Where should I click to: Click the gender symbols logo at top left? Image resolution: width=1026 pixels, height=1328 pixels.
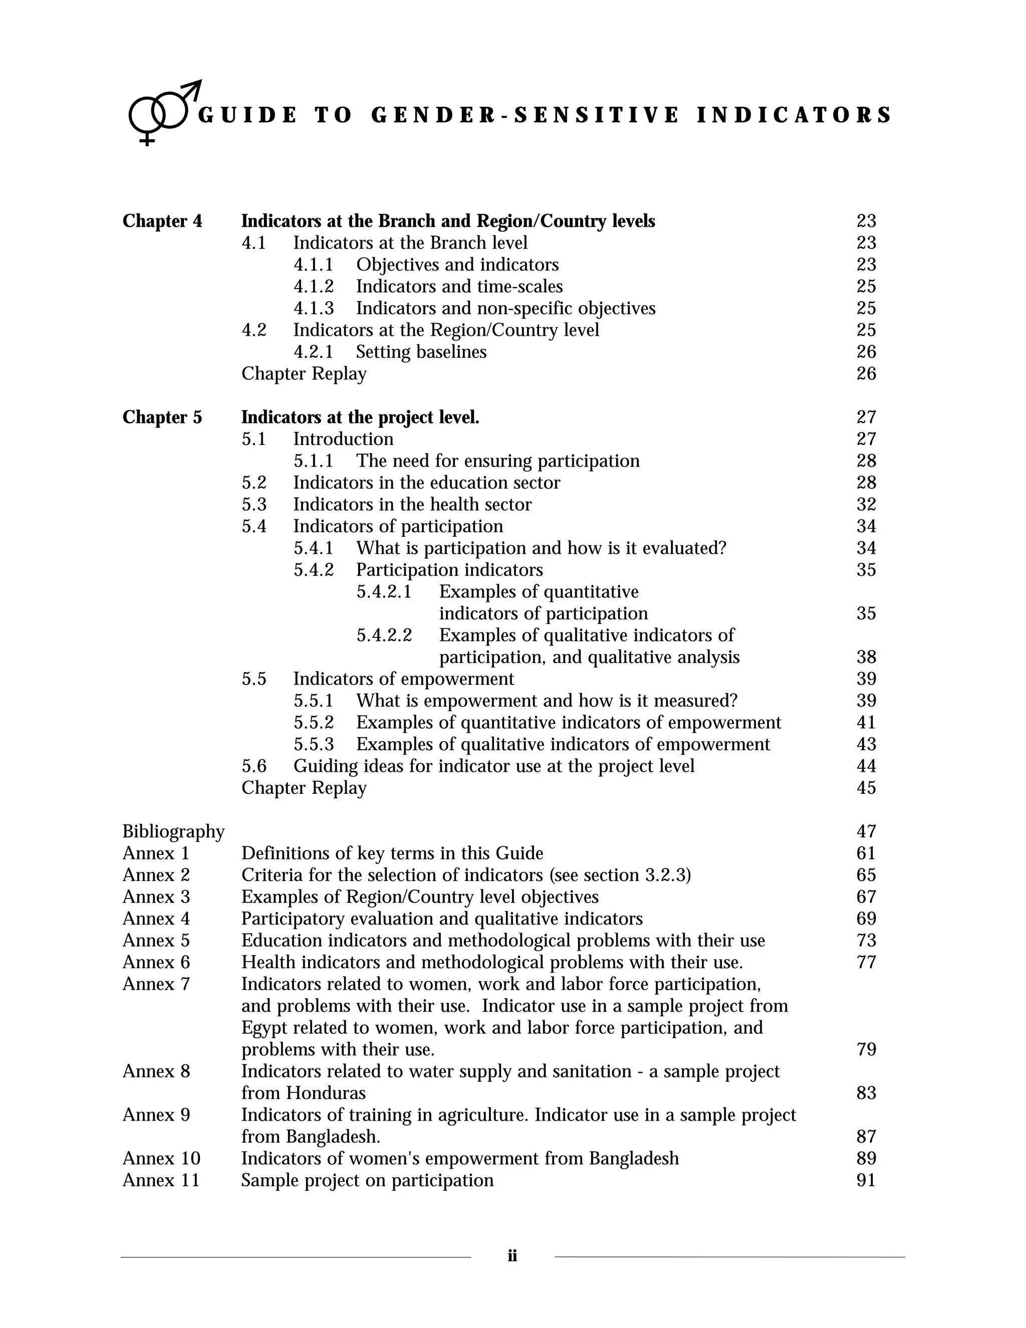163,112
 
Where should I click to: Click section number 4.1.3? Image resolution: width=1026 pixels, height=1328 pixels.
314,308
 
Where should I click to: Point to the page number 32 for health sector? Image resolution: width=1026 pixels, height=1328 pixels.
866,505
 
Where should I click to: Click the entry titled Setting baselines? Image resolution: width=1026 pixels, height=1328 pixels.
421,352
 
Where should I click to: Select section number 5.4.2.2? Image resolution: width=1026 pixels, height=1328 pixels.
384,635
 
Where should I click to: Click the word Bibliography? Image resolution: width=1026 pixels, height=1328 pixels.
173,831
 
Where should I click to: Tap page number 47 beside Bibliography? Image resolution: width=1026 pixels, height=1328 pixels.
866,831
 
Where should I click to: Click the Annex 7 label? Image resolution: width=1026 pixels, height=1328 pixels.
156,984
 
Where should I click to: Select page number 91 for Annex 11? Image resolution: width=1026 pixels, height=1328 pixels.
866,1180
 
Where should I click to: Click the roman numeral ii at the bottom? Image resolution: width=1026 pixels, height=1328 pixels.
512,1256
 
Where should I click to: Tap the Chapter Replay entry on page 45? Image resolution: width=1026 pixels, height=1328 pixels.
304,788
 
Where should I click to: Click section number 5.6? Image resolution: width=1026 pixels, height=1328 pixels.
254,766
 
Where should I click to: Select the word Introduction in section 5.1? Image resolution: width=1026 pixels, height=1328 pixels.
343,439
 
